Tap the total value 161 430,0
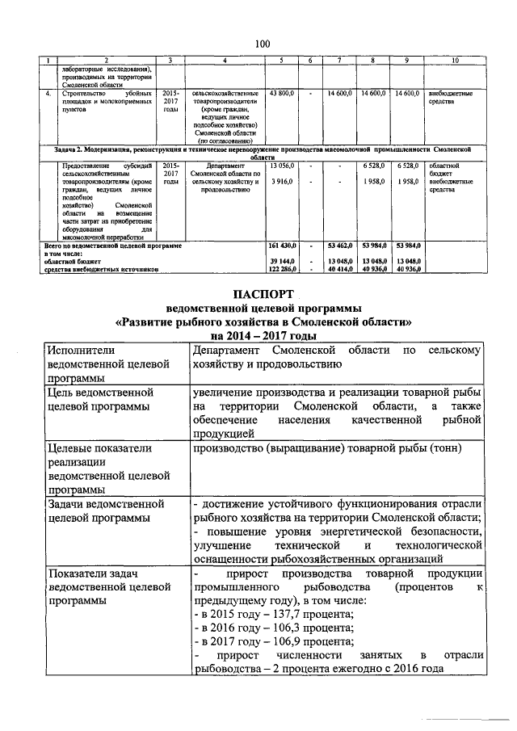coord(284,244)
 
